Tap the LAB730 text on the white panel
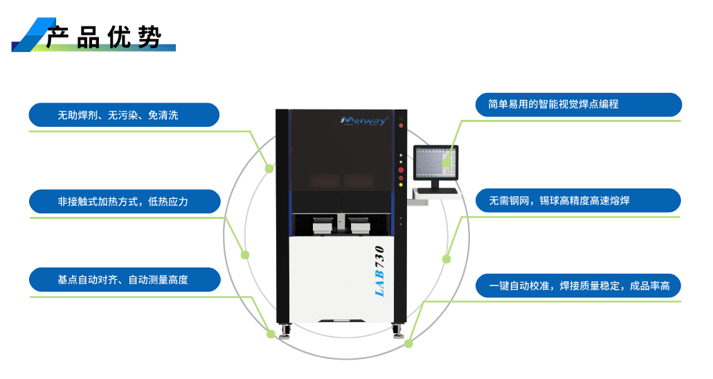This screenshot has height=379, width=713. coord(379,271)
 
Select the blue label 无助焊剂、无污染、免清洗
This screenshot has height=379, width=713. coord(124,115)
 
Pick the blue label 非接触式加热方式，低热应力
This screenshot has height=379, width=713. coord(124,202)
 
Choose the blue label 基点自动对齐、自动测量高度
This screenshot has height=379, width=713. coord(124,280)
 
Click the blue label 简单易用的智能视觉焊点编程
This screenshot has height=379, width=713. coord(578,104)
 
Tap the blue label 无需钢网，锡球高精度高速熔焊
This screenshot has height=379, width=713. coord(578,200)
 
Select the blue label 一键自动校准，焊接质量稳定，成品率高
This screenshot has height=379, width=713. coord(578,285)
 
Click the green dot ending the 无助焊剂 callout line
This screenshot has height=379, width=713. coord(270,168)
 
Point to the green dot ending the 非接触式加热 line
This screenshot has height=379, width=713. coord(244,255)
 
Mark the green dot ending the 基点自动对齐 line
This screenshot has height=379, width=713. coord(271,334)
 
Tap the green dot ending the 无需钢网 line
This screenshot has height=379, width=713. coord(446,259)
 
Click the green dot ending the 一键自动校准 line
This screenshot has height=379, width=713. coord(408,343)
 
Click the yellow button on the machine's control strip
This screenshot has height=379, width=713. coord(401,186)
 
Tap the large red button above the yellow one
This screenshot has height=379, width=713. coord(401,169)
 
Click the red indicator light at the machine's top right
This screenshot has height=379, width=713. coord(401,125)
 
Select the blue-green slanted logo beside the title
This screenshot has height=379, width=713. coord(33,35)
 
